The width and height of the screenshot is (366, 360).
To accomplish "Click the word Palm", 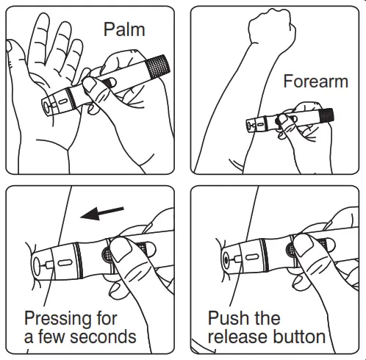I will pyautogui.click(x=124, y=29).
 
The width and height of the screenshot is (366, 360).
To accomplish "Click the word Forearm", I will pyautogui.click(x=315, y=81).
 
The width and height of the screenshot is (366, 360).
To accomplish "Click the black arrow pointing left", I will pyautogui.click(x=102, y=213).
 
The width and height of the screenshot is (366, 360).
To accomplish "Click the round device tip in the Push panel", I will pyautogui.click(x=224, y=260).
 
